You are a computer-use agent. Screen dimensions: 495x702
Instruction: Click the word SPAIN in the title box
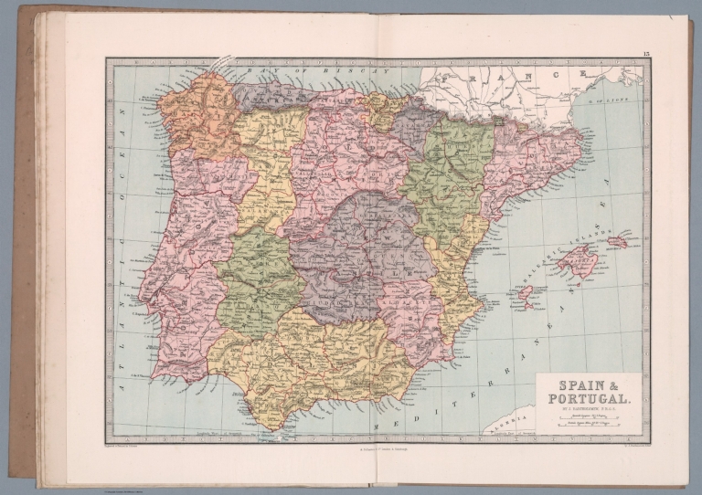click(x=581, y=386)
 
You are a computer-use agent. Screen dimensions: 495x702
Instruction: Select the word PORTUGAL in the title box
click(x=588, y=399)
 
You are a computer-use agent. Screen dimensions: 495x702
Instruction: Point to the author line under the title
click(x=588, y=408)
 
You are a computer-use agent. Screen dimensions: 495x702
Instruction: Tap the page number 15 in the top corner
click(x=645, y=57)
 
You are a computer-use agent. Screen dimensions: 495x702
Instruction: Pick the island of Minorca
click(x=618, y=242)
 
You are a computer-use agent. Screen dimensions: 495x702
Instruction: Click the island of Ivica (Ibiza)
click(x=526, y=296)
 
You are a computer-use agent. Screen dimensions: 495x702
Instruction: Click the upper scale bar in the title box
click(x=588, y=416)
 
